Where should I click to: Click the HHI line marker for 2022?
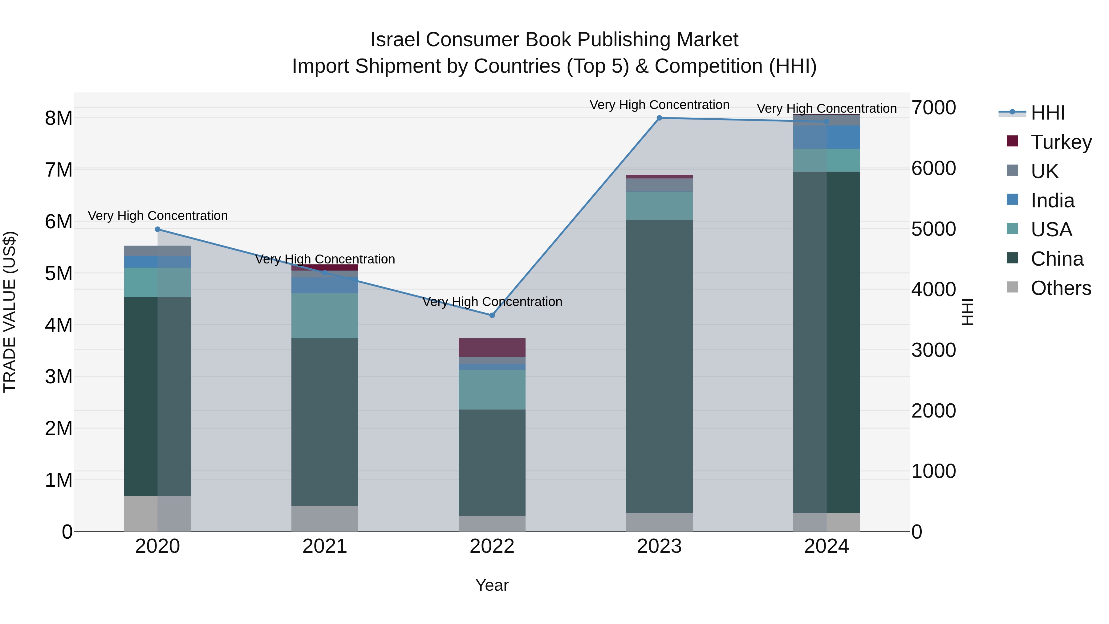coord(492,315)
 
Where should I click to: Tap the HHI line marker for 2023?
coord(659,118)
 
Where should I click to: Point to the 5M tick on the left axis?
coord(59,273)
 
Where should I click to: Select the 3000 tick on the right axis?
coord(933,350)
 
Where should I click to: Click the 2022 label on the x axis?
coord(492,546)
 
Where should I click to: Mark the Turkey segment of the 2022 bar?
coord(492,348)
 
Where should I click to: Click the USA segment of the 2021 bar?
coord(325,316)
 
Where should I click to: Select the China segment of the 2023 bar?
coord(659,366)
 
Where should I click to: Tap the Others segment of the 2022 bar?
coord(492,524)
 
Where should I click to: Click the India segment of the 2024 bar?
coord(826,137)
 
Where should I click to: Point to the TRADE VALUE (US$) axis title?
coord(10,312)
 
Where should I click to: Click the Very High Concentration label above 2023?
coord(659,105)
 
